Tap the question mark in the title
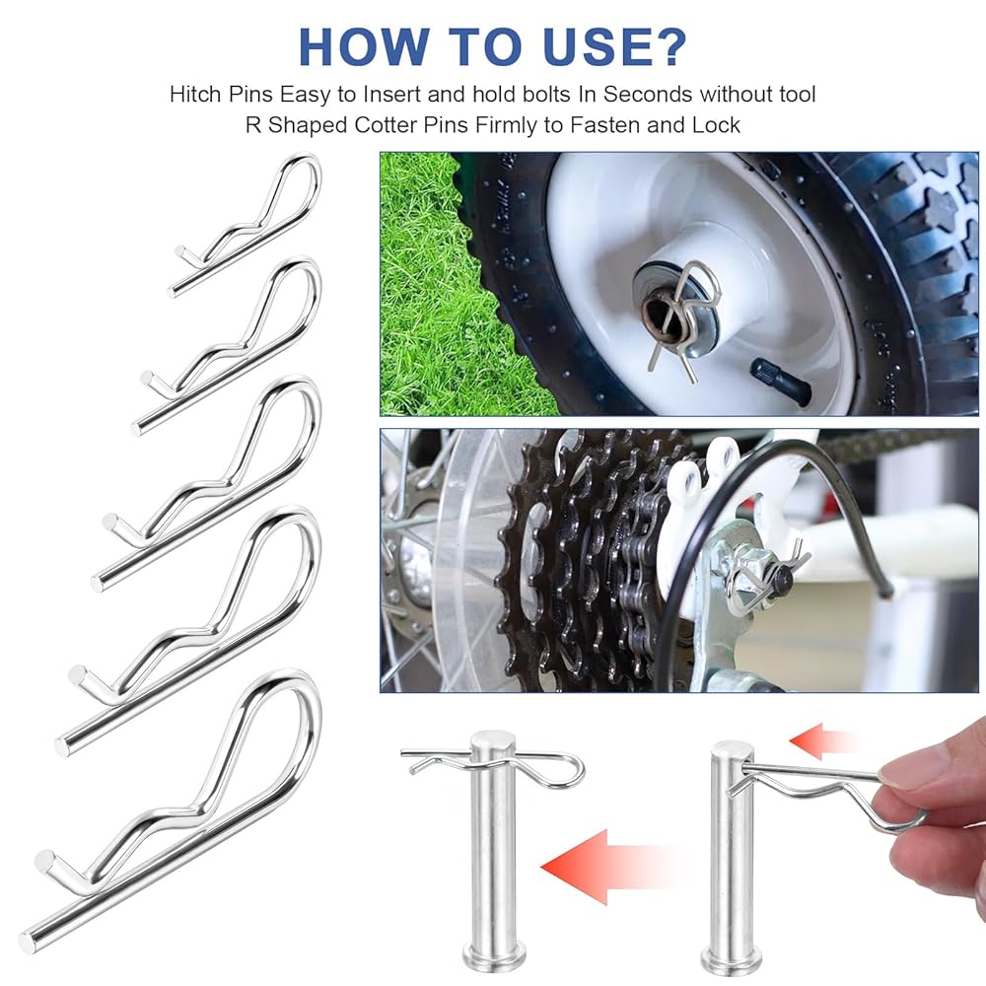click(668, 46)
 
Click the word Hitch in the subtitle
click(195, 95)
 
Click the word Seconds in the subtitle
click(649, 95)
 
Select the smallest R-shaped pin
click(246, 223)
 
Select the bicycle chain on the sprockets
click(629, 566)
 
